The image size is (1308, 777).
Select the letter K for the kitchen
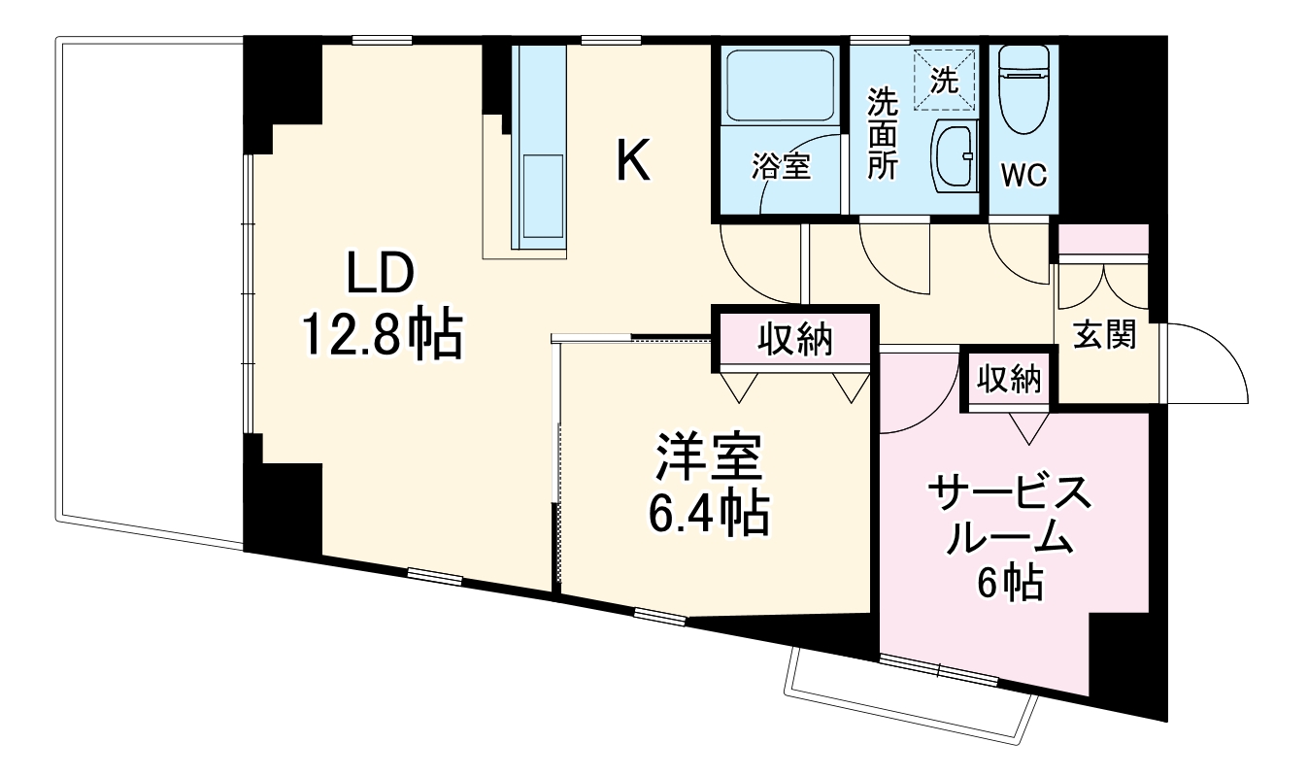click(634, 161)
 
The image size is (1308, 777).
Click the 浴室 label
click(781, 167)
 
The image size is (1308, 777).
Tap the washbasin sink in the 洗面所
click(956, 158)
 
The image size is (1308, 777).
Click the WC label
click(1023, 177)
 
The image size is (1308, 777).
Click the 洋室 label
click(708, 458)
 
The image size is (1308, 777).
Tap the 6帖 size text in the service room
click(1010, 584)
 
